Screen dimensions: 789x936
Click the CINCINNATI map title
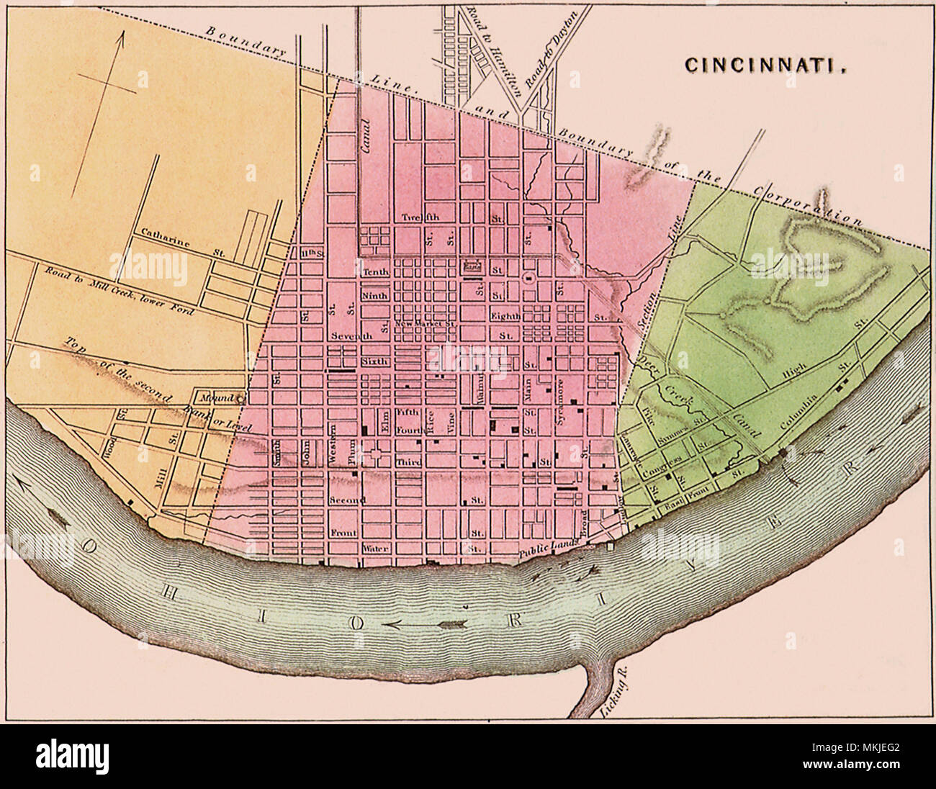tap(764, 64)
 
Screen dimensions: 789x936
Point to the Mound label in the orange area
tap(214, 397)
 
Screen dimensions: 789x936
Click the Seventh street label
tap(352, 336)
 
